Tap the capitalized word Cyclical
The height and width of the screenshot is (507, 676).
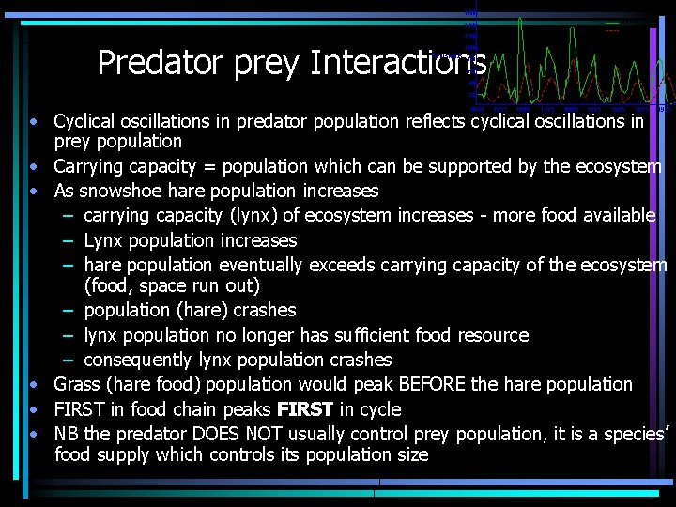pyautogui.click(x=87, y=121)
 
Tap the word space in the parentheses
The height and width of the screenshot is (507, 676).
pyautogui.click(x=178, y=285)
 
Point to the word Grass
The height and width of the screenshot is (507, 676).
pyautogui.click(x=77, y=384)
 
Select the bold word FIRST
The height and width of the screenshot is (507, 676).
pyautogui.click(x=306, y=409)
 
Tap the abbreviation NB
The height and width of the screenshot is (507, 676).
pyautogui.click(x=66, y=434)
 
